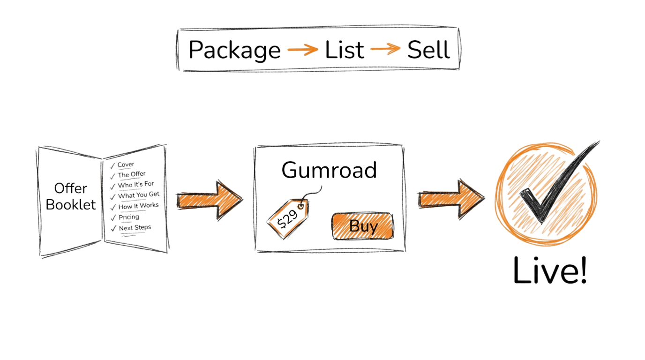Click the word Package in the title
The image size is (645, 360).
[234, 50]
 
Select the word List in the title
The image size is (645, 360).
[345, 50]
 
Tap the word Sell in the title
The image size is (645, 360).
[428, 50]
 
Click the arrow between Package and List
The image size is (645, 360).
[302, 50]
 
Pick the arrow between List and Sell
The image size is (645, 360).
[385, 50]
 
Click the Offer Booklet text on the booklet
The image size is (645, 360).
[70, 196]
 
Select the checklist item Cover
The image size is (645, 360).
[126, 165]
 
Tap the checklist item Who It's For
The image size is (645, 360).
[136, 185]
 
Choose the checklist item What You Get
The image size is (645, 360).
[139, 195]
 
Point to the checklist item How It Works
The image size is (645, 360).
[138, 206]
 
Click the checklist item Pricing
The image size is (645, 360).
[128, 217]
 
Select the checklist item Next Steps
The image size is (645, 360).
[135, 228]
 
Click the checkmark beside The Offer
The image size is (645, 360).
[112, 176]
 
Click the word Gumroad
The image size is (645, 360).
[329, 170]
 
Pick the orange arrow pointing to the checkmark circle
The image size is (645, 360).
[450, 198]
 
